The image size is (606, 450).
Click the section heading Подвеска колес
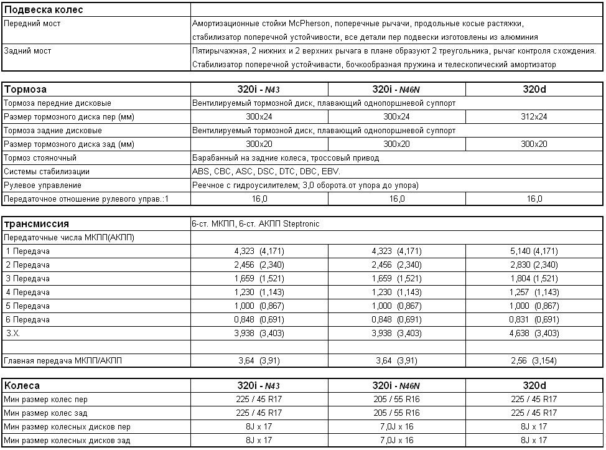tap(44, 10)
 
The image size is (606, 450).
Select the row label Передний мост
tap(32, 24)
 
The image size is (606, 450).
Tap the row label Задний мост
tap(27, 51)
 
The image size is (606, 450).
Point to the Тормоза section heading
tap(26, 90)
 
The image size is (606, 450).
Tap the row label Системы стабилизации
tap(47, 172)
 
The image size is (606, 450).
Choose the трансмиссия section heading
tap(36, 224)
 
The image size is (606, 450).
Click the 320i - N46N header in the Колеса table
tap(396, 385)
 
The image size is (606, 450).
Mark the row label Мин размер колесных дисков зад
tap(67, 440)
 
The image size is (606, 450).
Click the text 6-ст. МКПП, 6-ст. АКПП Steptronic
tap(256, 224)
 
